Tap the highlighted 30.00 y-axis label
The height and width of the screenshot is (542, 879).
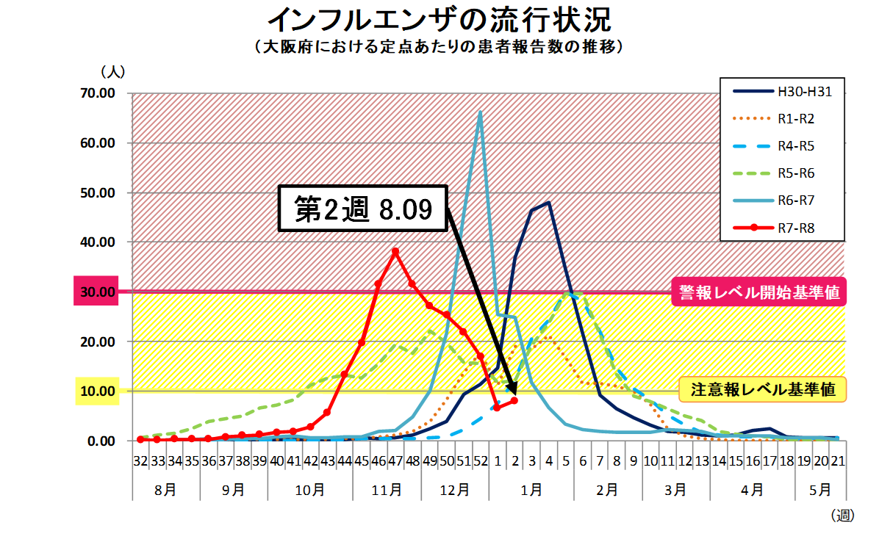[x=97, y=292]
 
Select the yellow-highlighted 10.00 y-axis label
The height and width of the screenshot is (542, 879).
[x=97, y=391]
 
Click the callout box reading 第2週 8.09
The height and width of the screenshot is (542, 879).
[x=362, y=209]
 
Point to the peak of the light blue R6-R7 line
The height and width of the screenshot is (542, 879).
[x=480, y=112]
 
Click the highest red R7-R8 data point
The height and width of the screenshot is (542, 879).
[x=395, y=251]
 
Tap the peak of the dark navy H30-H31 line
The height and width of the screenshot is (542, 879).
[x=548, y=202]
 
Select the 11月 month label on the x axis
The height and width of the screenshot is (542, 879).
[x=387, y=489]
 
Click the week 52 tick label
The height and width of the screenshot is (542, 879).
[x=480, y=461]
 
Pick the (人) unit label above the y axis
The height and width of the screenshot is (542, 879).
[x=113, y=72]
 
